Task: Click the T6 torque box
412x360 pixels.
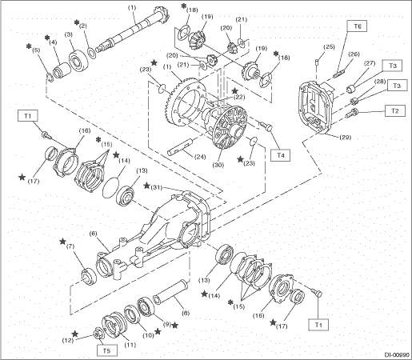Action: point(358,26)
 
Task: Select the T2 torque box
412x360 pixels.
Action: point(395,110)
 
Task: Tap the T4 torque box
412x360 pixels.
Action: point(280,155)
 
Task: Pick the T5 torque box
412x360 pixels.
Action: point(106,350)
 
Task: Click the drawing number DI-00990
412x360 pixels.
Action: point(397,354)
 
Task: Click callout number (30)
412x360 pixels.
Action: point(218,165)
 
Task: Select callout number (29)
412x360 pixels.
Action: point(346,137)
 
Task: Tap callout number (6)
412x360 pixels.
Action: point(94,234)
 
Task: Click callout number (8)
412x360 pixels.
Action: point(186,313)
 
